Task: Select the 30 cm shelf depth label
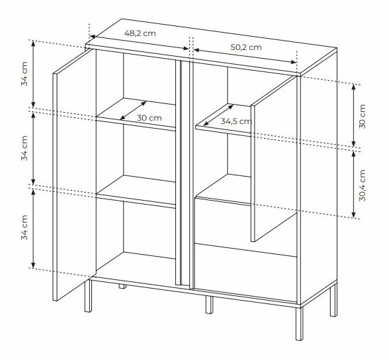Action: click(149, 117)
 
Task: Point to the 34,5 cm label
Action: click(235, 121)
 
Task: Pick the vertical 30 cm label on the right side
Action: click(362, 116)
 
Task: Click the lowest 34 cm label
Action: click(24, 228)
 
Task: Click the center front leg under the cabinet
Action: click(209, 304)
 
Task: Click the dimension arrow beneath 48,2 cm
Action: click(139, 42)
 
